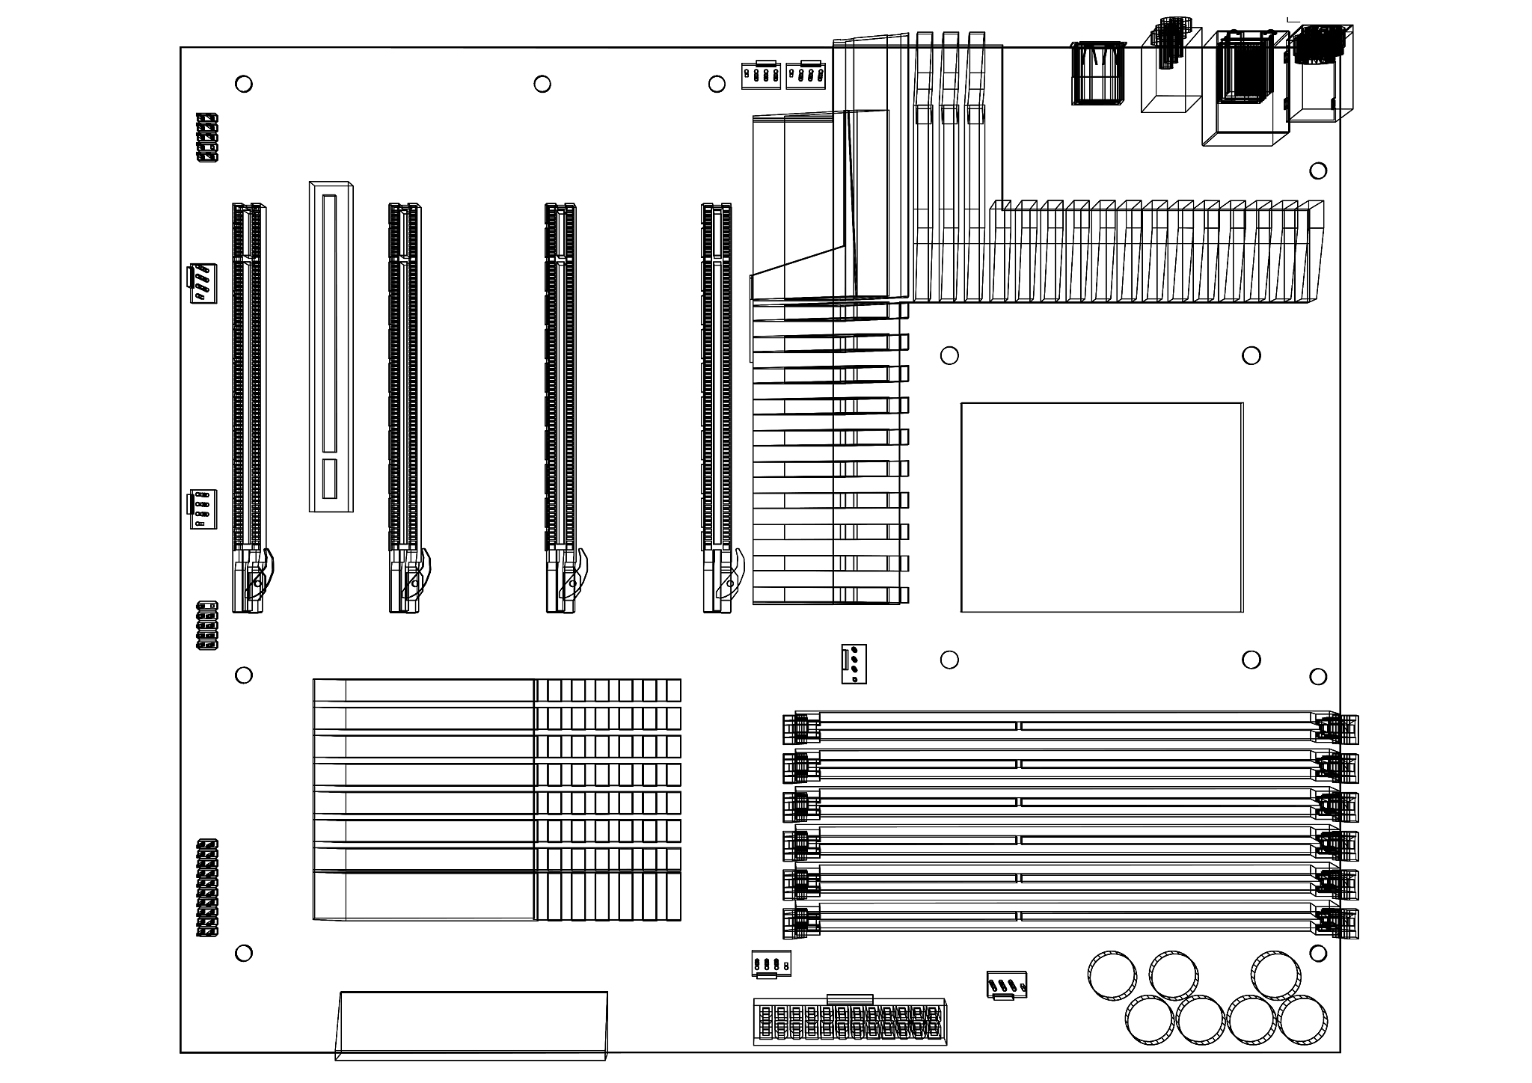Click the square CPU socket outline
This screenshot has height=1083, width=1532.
click(x=1101, y=507)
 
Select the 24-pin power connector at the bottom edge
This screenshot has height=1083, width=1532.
click(x=849, y=1022)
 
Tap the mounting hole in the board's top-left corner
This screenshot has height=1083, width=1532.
click(x=244, y=84)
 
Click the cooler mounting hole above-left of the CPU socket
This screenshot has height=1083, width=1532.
click(x=949, y=355)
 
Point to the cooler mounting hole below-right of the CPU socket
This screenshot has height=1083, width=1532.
click(x=1251, y=660)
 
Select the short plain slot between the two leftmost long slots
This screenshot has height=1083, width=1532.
click(x=331, y=346)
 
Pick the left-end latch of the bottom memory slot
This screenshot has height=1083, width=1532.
click(x=798, y=923)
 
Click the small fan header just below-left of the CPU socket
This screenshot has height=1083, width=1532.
click(x=853, y=663)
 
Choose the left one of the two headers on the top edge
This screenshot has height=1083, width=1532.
click(x=761, y=75)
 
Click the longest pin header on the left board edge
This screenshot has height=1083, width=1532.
click(x=207, y=888)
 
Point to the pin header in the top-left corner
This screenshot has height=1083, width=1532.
click(x=207, y=138)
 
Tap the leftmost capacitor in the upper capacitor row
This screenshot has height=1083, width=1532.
click(x=1112, y=975)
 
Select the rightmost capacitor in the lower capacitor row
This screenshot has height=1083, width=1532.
click(x=1302, y=1020)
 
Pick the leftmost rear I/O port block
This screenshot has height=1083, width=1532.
click(x=1098, y=73)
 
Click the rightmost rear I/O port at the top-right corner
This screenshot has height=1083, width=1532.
click(x=1321, y=73)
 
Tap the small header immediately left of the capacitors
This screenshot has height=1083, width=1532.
click(x=1007, y=985)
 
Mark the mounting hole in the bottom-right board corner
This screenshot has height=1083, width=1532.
click(x=1318, y=954)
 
